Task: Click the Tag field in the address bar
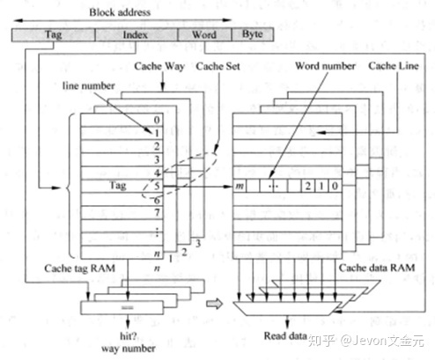coord(51,35)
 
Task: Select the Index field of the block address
coord(136,35)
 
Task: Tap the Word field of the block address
coord(203,35)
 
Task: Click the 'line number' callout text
coord(88,88)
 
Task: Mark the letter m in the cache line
coord(240,187)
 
